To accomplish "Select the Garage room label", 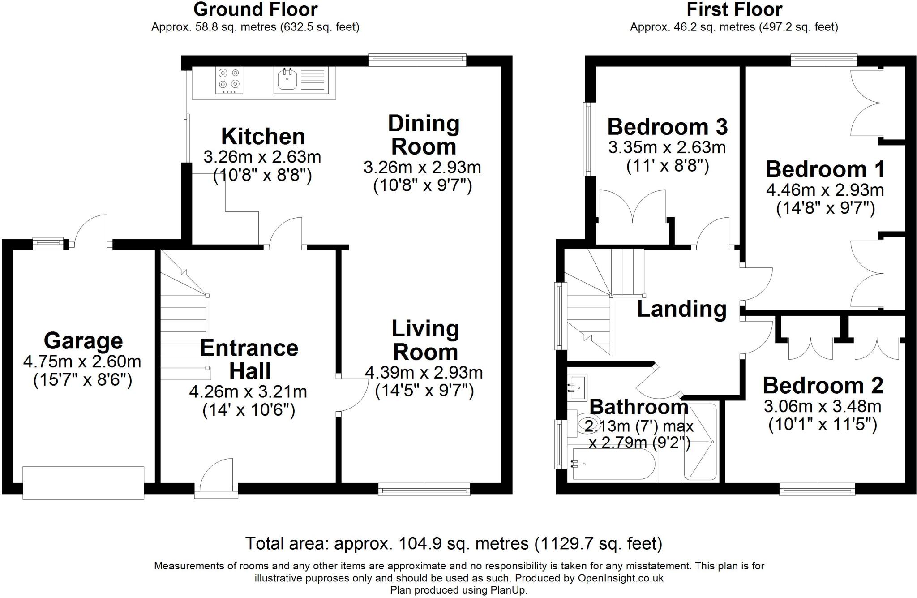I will click(x=83, y=341).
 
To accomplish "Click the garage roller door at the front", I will click(x=83, y=482).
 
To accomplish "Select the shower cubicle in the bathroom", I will click(x=700, y=442).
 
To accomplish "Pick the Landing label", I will click(x=681, y=309).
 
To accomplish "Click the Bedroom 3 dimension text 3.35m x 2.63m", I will click(x=667, y=147).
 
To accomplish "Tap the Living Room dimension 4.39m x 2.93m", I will click(x=424, y=372).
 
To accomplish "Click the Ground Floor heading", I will click(x=255, y=9).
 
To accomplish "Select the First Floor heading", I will click(x=734, y=9).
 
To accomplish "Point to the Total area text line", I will click(x=454, y=543).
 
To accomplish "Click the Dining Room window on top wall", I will click(x=417, y=60).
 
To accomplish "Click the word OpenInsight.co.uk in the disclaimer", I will click(x=621, y=578).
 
